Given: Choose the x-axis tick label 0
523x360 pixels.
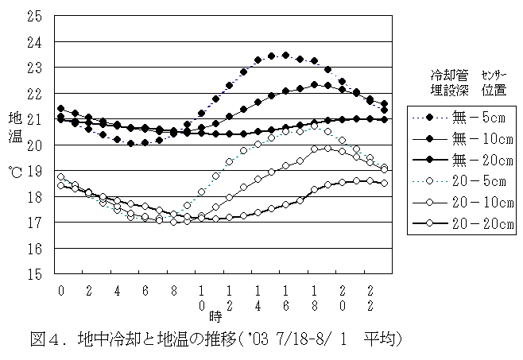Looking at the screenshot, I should point(60,291).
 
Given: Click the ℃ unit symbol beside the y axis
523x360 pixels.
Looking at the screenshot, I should point(16,170).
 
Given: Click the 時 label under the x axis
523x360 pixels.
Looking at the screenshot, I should point(215,316).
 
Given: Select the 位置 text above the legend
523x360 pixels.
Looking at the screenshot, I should point(493,89).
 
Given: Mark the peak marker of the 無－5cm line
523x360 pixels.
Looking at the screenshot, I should point(285,55).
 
